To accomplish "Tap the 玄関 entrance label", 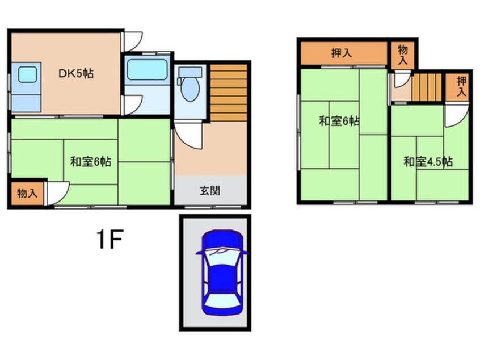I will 210,191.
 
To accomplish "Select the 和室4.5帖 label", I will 428,162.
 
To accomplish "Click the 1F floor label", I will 109,241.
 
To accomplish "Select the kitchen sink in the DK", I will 25,74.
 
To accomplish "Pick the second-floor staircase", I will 426,88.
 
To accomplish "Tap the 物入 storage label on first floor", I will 27,193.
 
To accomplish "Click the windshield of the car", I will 221,258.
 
